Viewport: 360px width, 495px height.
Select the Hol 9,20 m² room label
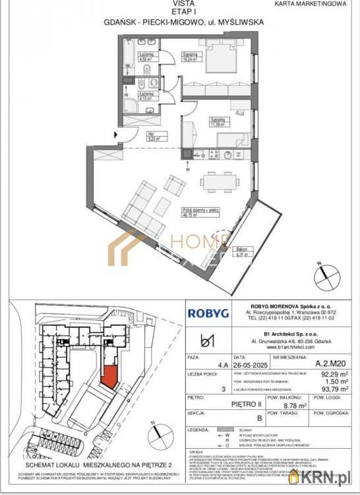(x=151, y=137)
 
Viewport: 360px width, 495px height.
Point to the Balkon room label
(x=243, y=251)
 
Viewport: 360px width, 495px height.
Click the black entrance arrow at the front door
(x=117, y=136)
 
